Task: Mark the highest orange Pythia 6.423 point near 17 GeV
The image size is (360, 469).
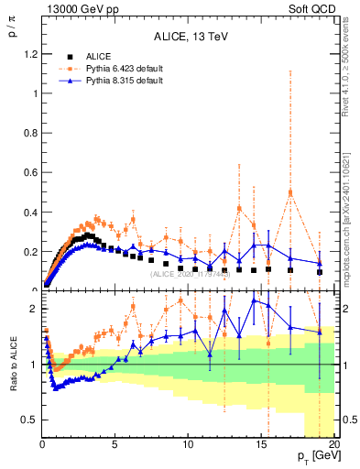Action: (290, 192)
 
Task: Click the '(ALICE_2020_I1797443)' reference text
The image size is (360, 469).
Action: (190, 273)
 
